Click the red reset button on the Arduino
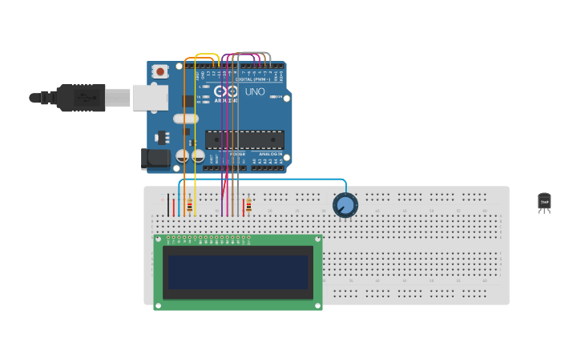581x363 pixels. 160,71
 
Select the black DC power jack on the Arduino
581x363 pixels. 155,159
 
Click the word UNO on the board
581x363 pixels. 255,91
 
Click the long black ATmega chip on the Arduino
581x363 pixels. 244,140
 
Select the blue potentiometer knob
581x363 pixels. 345,205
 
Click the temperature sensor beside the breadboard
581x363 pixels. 544,202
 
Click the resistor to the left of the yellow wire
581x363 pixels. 189,206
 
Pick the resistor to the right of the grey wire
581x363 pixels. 248,206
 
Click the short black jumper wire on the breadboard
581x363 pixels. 168,206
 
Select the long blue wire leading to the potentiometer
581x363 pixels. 264,179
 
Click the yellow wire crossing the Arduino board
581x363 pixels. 196,120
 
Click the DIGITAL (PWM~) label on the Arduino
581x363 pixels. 247,79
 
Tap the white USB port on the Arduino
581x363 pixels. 150,97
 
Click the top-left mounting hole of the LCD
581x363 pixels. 159,239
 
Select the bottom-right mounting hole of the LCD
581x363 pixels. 318,305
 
